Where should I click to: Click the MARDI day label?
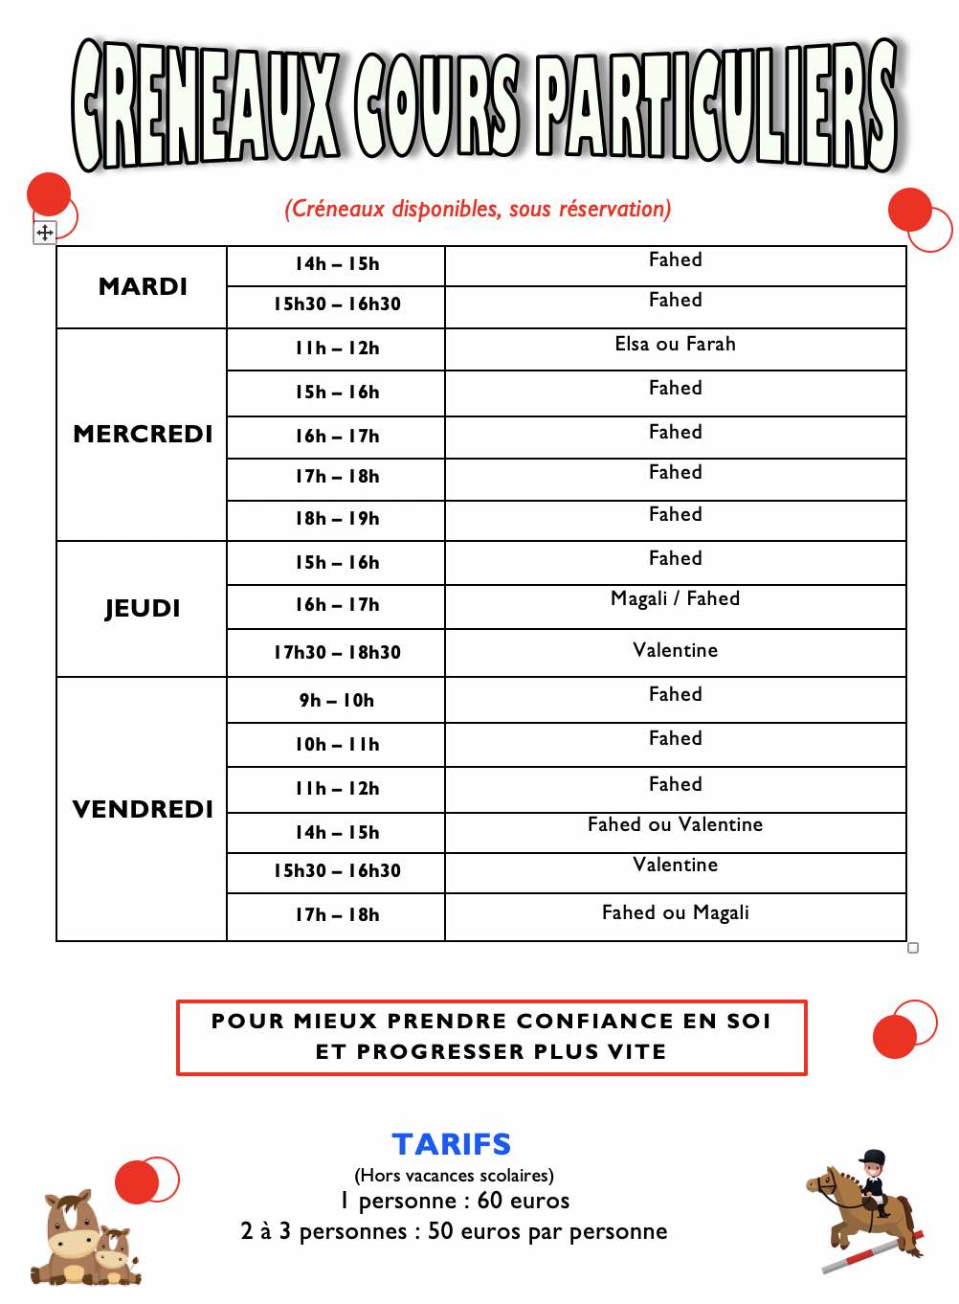(143, 287)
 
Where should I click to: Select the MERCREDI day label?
(143, 435)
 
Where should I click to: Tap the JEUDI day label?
(143, 609)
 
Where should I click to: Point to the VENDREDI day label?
(143, 810)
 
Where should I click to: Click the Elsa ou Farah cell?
(675, 345)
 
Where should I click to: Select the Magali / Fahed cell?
(675, 599)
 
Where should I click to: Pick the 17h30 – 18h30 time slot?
(337, 653)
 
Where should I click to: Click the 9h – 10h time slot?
(337, 701)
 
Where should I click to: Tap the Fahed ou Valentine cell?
(675, 825)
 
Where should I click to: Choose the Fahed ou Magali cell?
(675, 913)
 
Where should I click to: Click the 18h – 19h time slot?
(337, 519)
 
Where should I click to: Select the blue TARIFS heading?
(452, 1144)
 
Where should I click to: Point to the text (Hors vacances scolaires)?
(454, 1175)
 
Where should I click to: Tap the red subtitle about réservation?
(478, 209)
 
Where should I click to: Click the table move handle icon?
(45, 233)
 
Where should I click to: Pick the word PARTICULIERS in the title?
(716, 105)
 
